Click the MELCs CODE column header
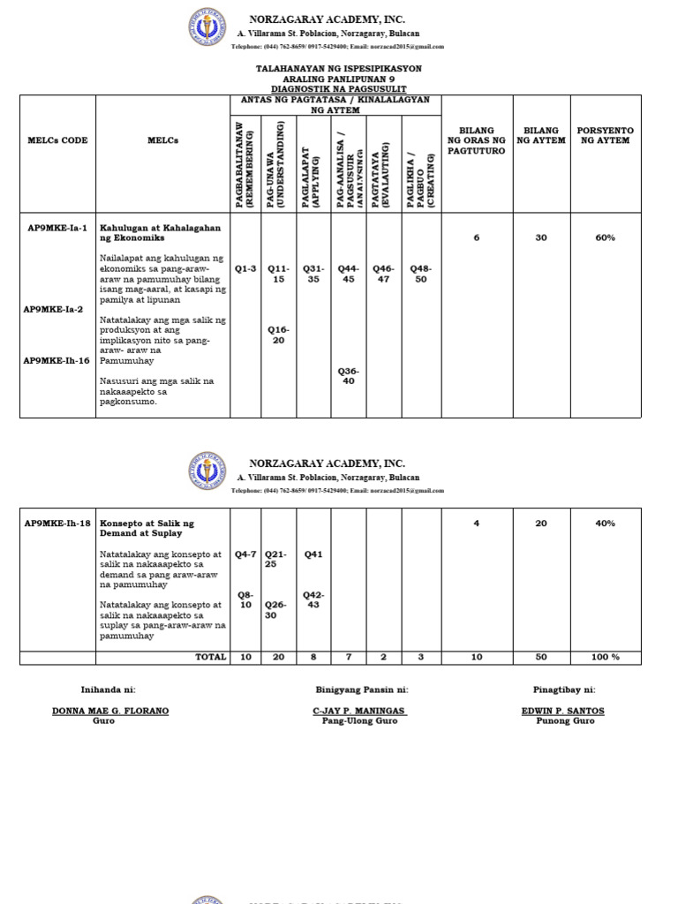(57, 140)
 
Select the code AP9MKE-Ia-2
(55, 309)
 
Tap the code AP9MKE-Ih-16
(57, 360)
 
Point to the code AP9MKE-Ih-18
(57, 524)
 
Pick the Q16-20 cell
(278, 335)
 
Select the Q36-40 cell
(349, 376)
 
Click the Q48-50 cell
(420, 273)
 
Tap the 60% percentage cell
(605, 237)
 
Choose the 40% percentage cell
(605, 524)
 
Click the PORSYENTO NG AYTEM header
(605, 135)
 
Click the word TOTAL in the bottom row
(210, 658)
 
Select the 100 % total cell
(605, 658)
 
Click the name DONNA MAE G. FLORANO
(110, 711)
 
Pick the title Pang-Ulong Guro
(360, 721)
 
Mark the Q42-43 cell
(313, 600)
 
